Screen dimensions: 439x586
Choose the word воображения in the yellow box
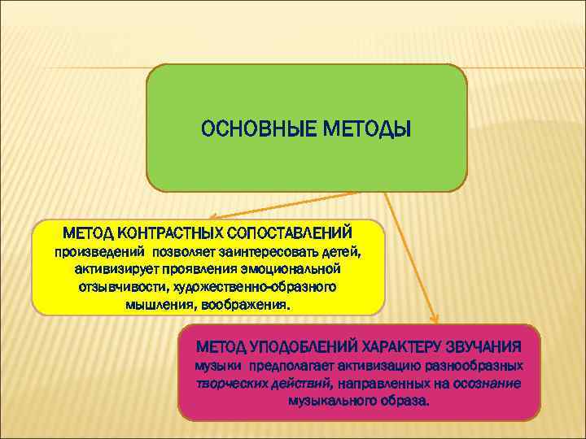[248, 306]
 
